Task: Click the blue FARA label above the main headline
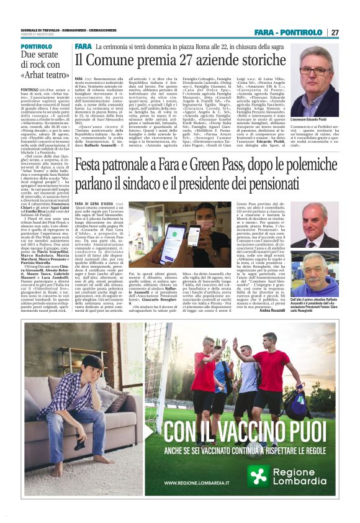click(x=83, y=47)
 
